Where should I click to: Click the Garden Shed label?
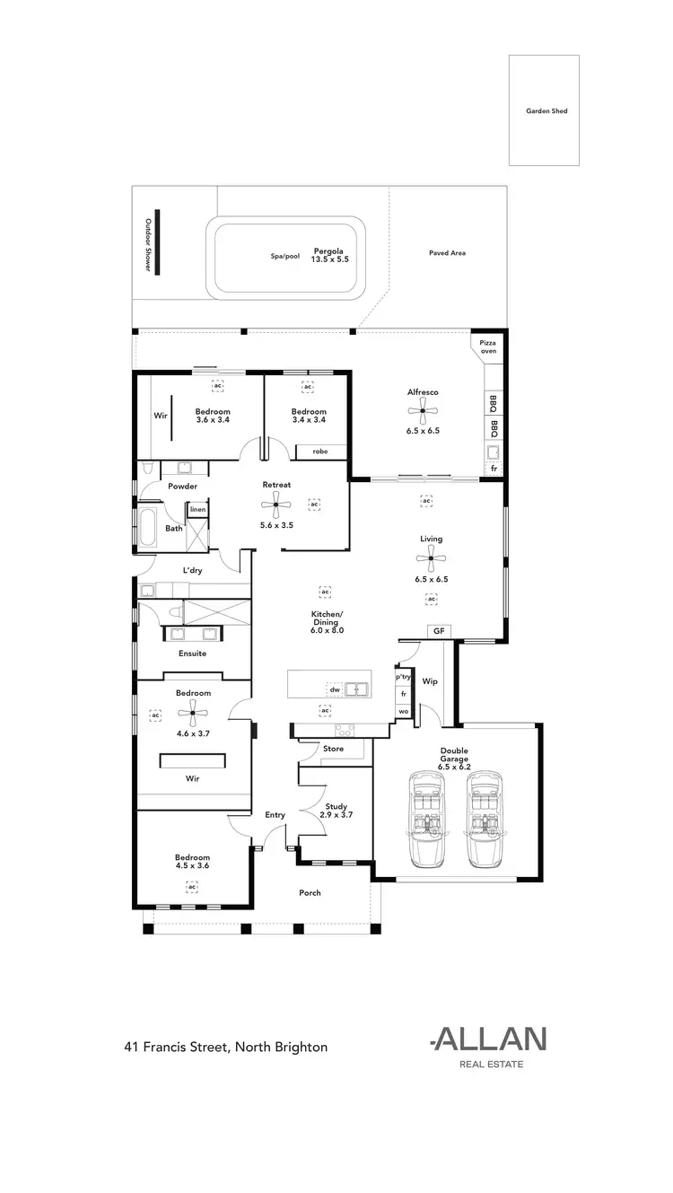(546, 111)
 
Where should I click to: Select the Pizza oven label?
(487, 346)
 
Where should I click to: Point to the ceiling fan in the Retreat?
(276, 505)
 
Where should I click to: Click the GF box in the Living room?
(439, 631)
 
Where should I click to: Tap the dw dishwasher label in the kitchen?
(334, 689)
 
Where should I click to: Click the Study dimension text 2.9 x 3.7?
(336, 815)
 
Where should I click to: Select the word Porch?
(310, 892)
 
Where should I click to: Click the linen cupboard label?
(197, 509)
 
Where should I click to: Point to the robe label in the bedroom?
(319, 452)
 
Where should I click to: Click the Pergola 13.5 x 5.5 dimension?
(329, 259)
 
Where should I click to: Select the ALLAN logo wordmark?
(489, 1039)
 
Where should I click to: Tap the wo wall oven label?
(404, 711)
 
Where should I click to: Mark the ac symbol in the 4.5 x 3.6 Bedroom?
(192, 886)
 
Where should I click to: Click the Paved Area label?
(447, 253)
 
